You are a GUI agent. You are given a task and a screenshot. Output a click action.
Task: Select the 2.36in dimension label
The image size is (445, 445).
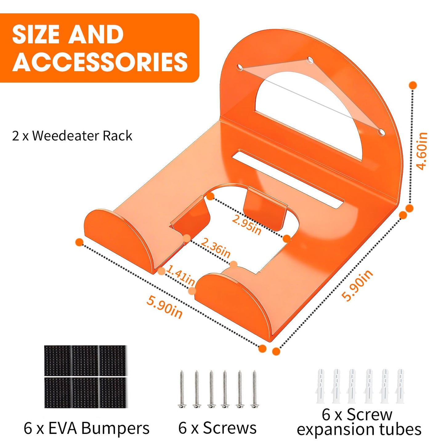pos(216,248)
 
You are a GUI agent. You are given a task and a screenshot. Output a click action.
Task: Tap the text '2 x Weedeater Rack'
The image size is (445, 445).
pos(72,136)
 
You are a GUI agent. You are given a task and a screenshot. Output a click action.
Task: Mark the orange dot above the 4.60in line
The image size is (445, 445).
pos(413,85)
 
